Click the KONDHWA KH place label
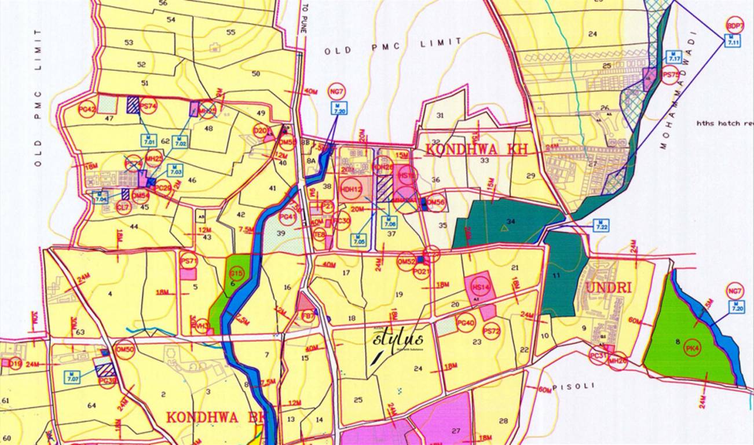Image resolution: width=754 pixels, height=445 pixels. click(x=476, y=149)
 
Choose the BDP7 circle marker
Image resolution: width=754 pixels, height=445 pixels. click(x=735, y=25)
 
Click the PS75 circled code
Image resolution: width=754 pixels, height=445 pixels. click(x=670, y=75)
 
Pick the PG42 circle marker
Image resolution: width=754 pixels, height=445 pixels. click(x=86, y=108)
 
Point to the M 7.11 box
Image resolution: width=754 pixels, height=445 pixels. click(x=733, y=41)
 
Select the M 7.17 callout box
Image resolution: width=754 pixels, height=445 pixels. click(x=674, y=56)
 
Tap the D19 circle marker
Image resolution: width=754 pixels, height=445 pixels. click(x=15, y=364)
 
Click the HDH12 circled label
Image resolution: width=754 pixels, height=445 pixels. click(x=351, y=189)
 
